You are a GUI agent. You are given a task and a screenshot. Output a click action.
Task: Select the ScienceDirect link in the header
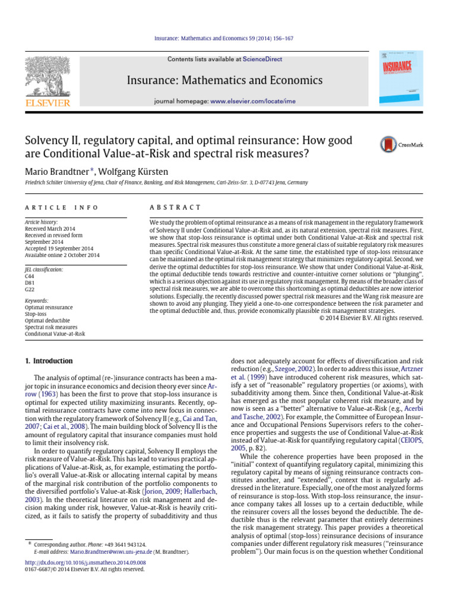(261, 59)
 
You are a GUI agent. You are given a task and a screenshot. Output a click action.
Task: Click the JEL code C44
(30, 276)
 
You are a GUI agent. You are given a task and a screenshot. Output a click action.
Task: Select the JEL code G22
(30, 289)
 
